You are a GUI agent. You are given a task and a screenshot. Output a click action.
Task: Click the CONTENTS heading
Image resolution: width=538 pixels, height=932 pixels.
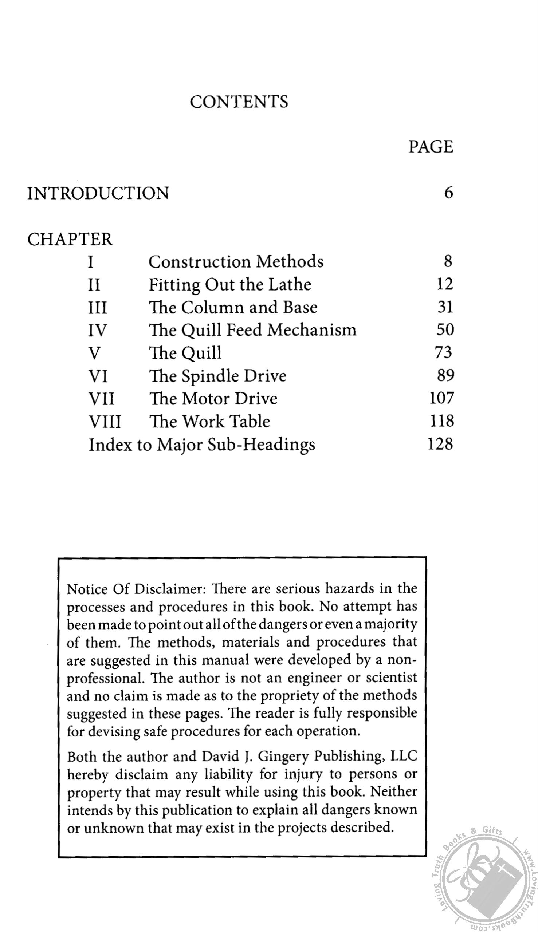pyautogui.click(x=239, y=102)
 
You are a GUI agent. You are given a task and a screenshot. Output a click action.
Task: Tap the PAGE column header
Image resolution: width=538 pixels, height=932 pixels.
pyautogui.click(x=431, y=147)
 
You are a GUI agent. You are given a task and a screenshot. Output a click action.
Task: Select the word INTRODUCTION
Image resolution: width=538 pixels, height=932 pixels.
pyautogui.click(x=98, y=193)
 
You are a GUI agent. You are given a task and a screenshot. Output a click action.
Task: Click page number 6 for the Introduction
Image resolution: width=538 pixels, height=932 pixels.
pyautogui.click(x=448, y=193)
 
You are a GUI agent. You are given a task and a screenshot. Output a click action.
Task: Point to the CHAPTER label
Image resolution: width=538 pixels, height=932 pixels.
pyautogui.click(x=70, y=239)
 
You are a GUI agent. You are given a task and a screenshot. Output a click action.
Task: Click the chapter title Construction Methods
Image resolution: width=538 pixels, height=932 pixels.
pyautogui.click(x=236, y=262)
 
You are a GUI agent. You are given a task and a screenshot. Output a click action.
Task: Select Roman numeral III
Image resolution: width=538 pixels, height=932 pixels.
pyautogui.click(x=98, y=308)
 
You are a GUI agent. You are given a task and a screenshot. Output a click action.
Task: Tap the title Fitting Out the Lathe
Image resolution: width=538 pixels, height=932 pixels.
pyautogui.click(x=230, y=285)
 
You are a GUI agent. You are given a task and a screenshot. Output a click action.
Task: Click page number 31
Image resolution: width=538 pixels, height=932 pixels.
pyautogui.click(x=445, y=307)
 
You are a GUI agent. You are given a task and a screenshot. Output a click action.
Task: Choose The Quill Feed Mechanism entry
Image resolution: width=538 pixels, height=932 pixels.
pyautogui.click(x=252, y=330)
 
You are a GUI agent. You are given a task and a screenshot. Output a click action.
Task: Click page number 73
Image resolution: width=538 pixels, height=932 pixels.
pyautogui.click(x=443, y=353)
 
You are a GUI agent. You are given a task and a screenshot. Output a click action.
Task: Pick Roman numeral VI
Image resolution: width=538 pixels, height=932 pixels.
pyautogui.click(x=98, y=376)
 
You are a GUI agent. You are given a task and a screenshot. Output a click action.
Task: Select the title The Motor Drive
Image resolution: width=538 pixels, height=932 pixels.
pyautogui.click(x=213, y=399)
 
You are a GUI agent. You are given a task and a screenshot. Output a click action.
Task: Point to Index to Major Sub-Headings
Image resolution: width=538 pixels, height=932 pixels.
pyautogui.click(x=202, y=445)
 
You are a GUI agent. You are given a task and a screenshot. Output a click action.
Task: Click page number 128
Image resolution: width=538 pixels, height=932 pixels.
pyautogui.click(x=440, y=444)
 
